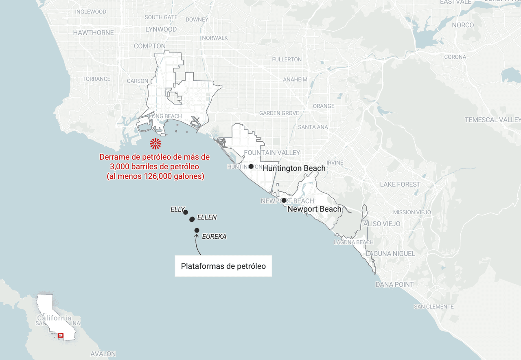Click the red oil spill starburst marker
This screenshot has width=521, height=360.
pos(155,144)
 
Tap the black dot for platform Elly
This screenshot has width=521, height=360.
pos(186,212)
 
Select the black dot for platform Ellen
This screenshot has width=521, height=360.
pos(192,220)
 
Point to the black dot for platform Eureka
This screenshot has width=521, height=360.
pos(197,230)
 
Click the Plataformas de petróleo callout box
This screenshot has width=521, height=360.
pos(223,266)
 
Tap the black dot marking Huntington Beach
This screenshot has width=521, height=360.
pos(251,167)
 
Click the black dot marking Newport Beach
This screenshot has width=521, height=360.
pos(284,200)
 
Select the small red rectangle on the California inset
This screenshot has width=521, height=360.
pos(61,336)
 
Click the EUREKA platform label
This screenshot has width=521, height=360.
pos(214,237)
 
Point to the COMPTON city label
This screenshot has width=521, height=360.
pos(150,46)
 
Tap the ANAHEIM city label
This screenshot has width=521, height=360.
pos(295,79)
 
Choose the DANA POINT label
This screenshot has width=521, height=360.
pos(394,284)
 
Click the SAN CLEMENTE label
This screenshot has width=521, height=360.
pos(433,307)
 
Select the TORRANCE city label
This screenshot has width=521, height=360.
pos(96,79)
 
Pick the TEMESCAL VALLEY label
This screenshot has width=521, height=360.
pos(493,120)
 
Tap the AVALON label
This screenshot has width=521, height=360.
pos(103,354)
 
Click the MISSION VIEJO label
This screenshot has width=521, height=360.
pos(412,212)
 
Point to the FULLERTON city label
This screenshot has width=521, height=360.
pos(287,59)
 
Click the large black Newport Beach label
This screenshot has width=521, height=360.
pos(315,209)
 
